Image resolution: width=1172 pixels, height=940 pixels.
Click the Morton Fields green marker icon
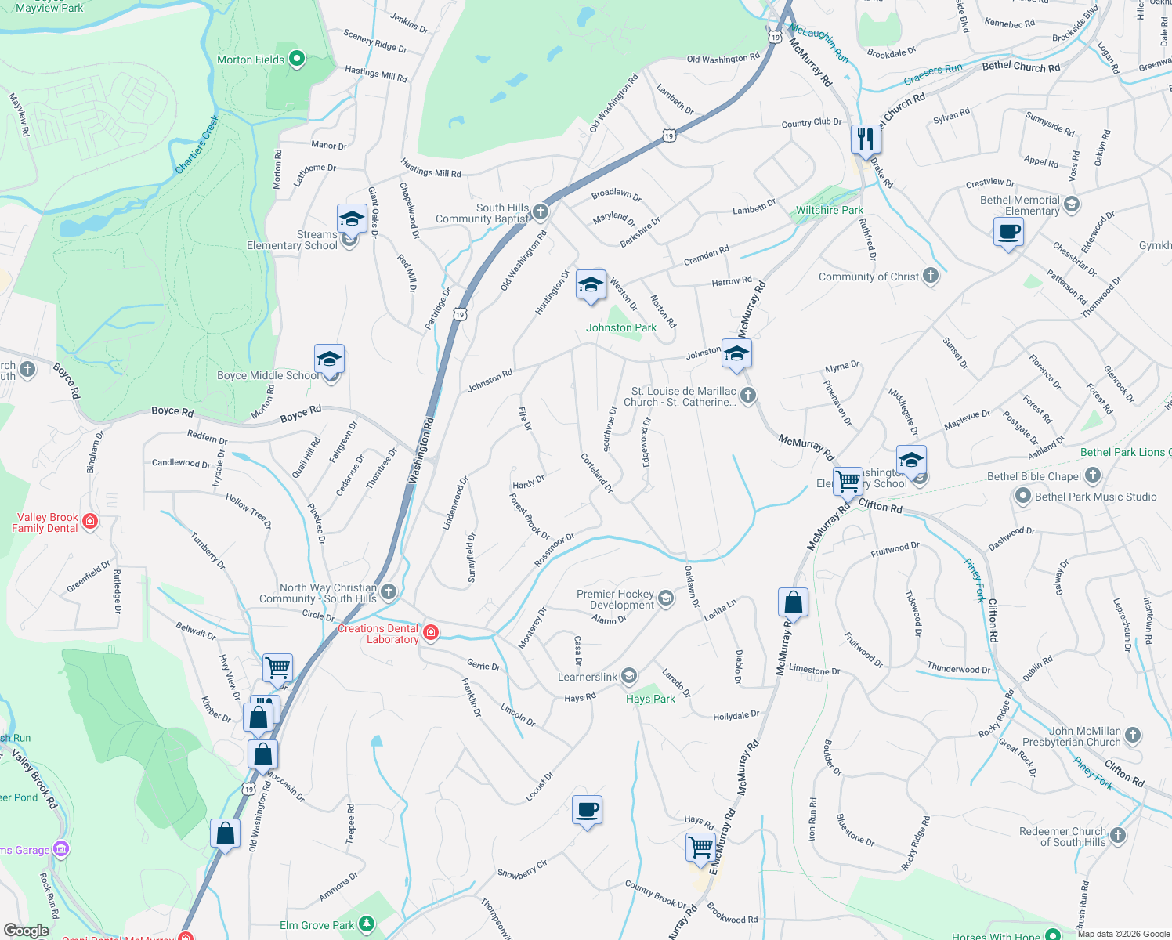click(297, 59)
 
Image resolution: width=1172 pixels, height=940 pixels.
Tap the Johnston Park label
click(621, 328)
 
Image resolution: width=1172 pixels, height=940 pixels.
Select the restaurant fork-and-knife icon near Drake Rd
click(866, 139)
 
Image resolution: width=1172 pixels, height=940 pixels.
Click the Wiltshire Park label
click(829, 210)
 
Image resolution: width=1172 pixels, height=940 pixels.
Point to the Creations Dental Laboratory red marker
click(430, 633)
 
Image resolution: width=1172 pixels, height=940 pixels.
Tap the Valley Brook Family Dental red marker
click(90, 521)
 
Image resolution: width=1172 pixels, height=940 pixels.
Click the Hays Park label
click(650, 699)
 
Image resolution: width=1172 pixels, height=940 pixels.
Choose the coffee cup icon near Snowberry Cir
click(587, 810)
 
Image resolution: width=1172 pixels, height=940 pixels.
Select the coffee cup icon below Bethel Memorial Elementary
click(1008, 232)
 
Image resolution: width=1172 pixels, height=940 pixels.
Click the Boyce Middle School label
click(268, 375)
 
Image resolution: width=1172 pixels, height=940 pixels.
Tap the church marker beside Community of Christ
click(931, 275)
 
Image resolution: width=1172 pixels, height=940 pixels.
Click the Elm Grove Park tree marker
click(366, 924)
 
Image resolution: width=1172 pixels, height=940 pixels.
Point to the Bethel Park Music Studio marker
click(1022, 496)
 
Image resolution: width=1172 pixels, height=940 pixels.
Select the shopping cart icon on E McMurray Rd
click(700, 846)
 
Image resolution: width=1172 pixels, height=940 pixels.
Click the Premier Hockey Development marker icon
click(666, 599)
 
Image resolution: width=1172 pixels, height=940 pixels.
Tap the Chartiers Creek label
click(197, 145)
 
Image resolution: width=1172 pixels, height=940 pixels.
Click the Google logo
click(27, 930)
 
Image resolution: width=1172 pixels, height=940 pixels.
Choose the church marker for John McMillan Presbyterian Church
click(1133, 736)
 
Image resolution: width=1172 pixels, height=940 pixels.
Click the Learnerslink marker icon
click(628, 676)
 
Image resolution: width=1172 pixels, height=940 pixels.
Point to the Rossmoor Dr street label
click(554, 550)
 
